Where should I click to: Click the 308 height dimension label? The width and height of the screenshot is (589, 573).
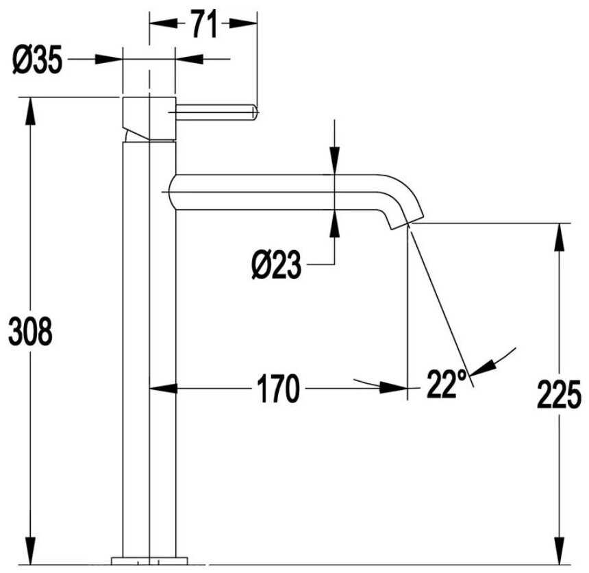[30, 331]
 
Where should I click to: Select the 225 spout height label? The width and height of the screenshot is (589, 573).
[560, 394]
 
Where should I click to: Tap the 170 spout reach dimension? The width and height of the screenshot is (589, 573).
[278, 389]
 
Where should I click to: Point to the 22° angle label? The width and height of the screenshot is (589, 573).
[447, 384]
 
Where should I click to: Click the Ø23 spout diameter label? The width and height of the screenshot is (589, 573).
[277, 265]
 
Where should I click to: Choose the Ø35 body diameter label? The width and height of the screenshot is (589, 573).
[37, 60]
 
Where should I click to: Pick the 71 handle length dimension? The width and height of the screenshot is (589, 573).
[205, 23]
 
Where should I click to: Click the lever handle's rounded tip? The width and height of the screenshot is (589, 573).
[255, 112]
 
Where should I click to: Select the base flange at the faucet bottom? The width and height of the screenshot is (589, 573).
[149, 561]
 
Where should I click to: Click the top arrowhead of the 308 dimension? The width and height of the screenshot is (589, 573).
[30, 111]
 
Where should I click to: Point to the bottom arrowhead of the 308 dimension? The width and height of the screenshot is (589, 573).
[30, 551]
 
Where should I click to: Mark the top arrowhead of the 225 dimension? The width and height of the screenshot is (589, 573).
[560, 236]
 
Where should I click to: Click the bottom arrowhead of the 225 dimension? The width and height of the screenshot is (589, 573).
[560, 551]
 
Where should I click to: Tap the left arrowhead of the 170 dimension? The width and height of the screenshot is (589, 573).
[163, 389]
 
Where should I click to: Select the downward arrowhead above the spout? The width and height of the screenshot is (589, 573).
[334, 161]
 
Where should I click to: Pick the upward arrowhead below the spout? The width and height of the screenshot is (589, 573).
[334, 223]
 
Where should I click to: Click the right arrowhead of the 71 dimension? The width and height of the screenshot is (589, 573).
[243, 23]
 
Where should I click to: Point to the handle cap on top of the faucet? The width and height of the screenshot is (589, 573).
[149, 119]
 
